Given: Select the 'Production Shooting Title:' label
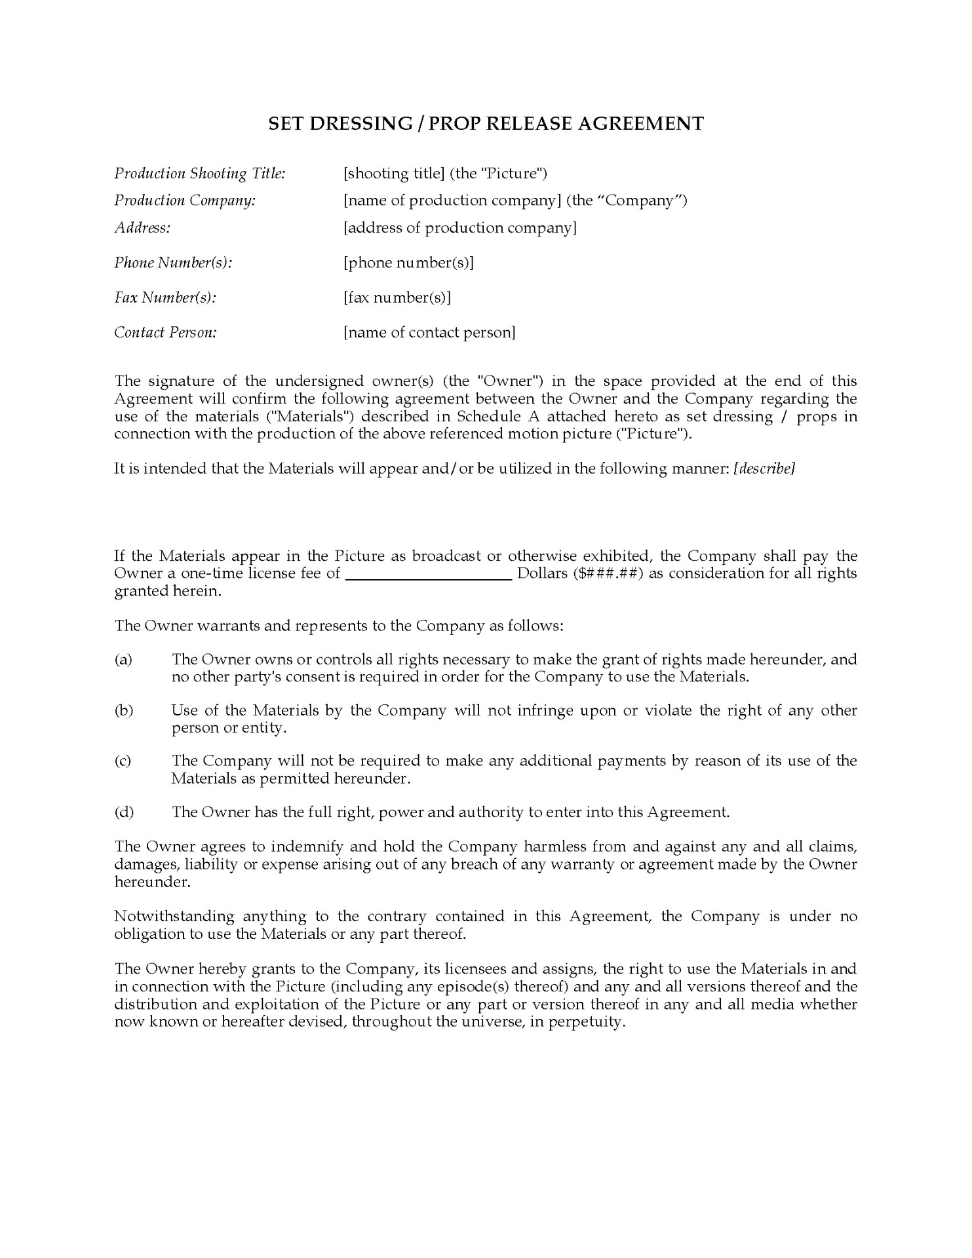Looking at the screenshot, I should (x=200, y=174).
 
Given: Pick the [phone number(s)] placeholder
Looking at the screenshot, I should (x=408, y=263).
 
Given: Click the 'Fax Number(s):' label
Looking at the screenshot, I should (x=165, y=297).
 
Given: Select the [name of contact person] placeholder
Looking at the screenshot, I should (x=429, y=333).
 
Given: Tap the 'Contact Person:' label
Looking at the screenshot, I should (x=166, y=333).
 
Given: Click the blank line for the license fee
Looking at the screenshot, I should (x=428, y=575).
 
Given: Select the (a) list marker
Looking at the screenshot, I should (x=123, y=660).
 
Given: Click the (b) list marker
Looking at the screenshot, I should (x=123, y=711).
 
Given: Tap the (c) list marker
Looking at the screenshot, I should (x=123, y=761).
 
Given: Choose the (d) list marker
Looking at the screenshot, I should (x=124, y=813).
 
